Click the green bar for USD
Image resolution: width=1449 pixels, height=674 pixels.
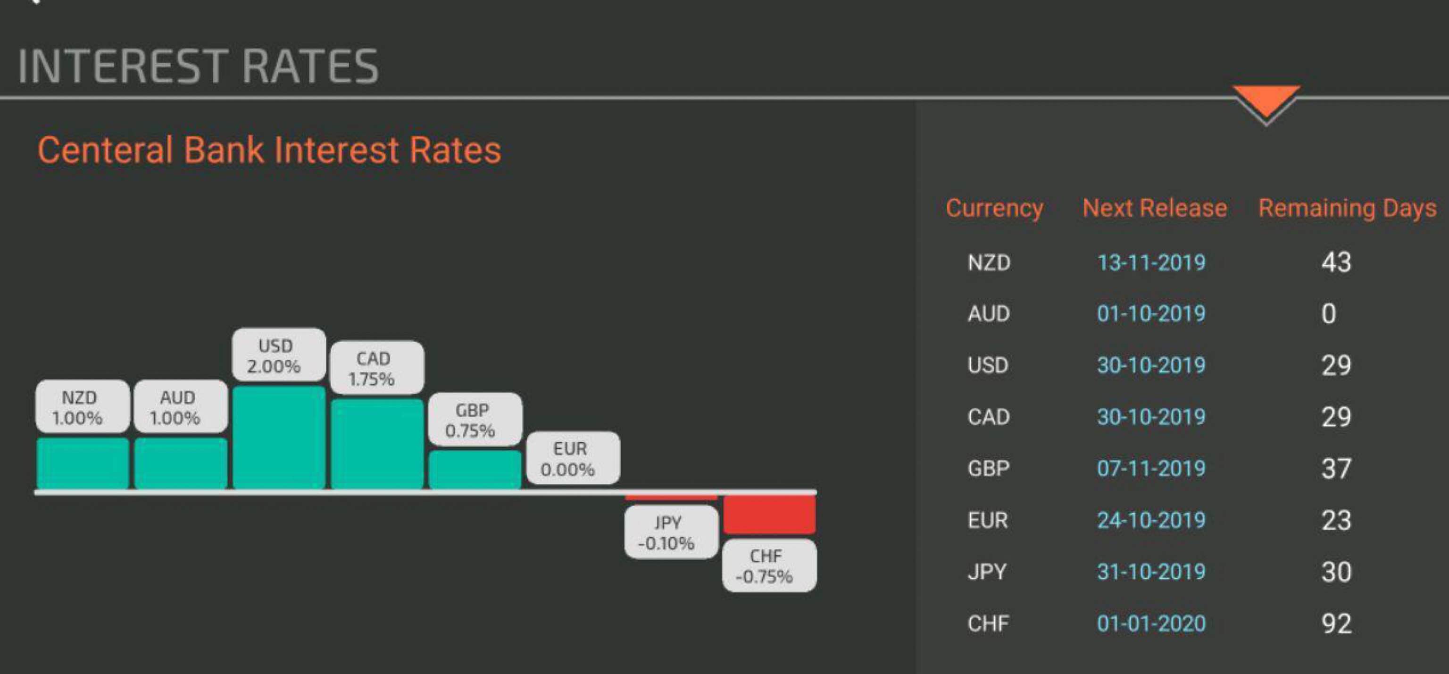point(279,438)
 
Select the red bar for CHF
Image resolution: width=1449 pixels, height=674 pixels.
point(769,514)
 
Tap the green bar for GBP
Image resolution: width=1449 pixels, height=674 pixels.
point(475,470)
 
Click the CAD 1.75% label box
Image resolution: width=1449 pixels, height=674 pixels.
point(377,368)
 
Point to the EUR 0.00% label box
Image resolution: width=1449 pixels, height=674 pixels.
point(573,458)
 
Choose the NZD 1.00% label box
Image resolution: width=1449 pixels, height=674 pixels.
point(83,406)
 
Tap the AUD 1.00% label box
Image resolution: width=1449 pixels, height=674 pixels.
point(181,406)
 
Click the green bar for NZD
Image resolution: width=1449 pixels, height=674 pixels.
point(83,463)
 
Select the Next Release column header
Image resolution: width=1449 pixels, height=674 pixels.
point(1154,208)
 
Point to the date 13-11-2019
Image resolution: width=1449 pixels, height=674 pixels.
point(1151,262)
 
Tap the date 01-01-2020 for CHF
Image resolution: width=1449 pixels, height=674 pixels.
point(1151,623)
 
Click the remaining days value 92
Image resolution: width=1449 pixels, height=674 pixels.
point(1336,623)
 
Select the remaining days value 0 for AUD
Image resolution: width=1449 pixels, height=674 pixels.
point(1329,313)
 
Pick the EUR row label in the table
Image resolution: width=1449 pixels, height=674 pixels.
point(988,520)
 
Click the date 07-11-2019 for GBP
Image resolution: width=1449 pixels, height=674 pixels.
point(1151,469)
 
